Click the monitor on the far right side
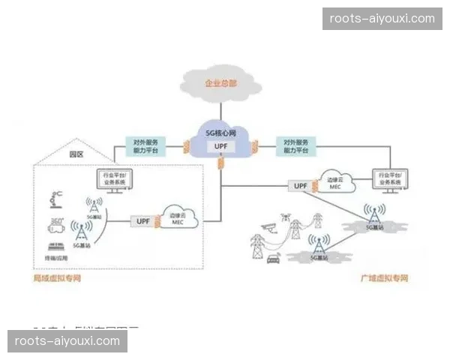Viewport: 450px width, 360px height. [392, 181]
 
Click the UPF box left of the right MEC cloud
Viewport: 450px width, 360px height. [300, 185]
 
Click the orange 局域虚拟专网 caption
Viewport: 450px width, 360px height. [56, 278]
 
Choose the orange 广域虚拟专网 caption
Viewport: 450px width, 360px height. [385, 278]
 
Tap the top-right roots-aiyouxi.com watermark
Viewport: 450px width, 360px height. [382, 18]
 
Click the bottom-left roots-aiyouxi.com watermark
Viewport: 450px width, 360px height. [68, 341]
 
